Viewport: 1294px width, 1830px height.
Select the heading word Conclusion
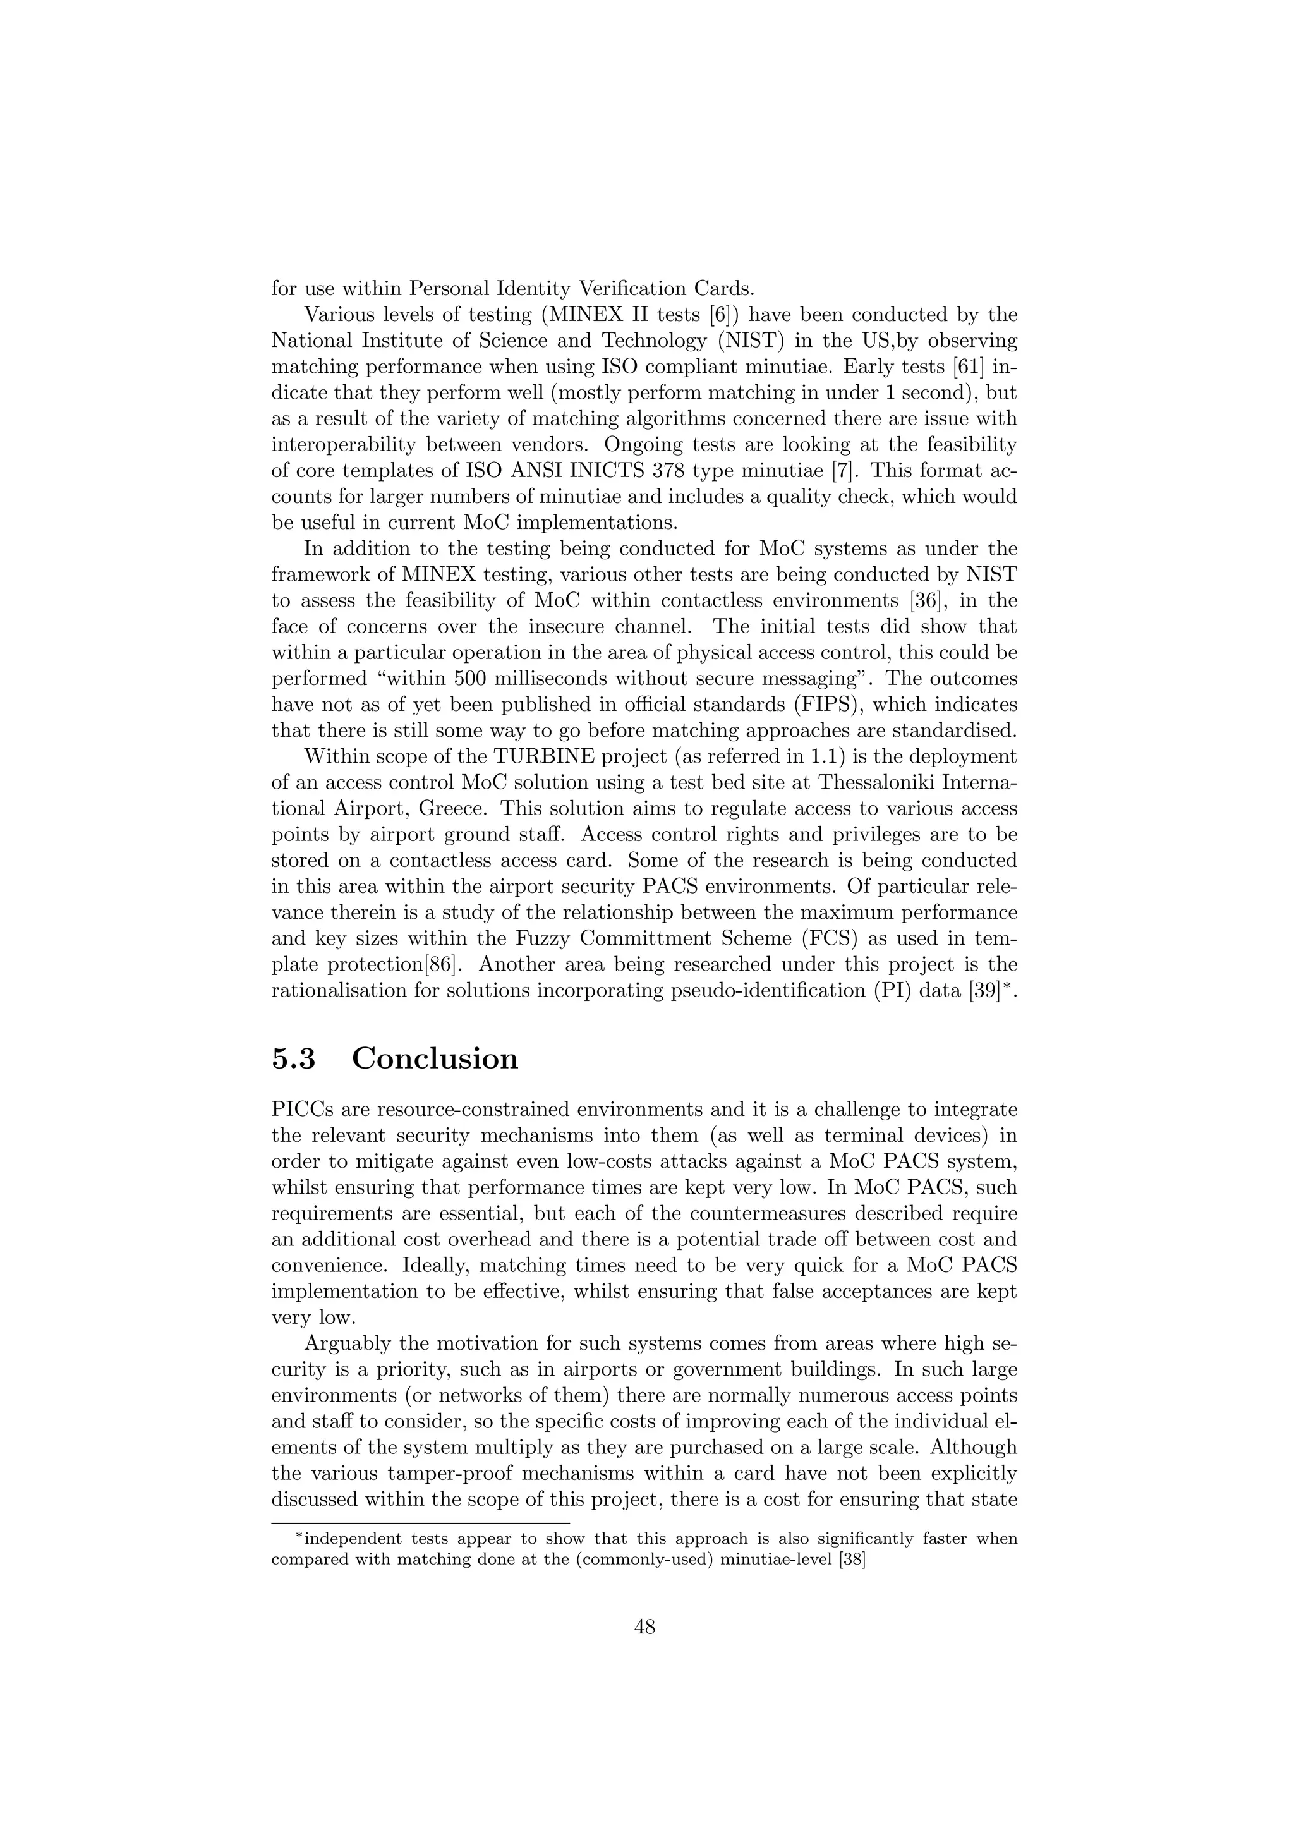click(435, 1058)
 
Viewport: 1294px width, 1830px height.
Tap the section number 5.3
click(294, 1058)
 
